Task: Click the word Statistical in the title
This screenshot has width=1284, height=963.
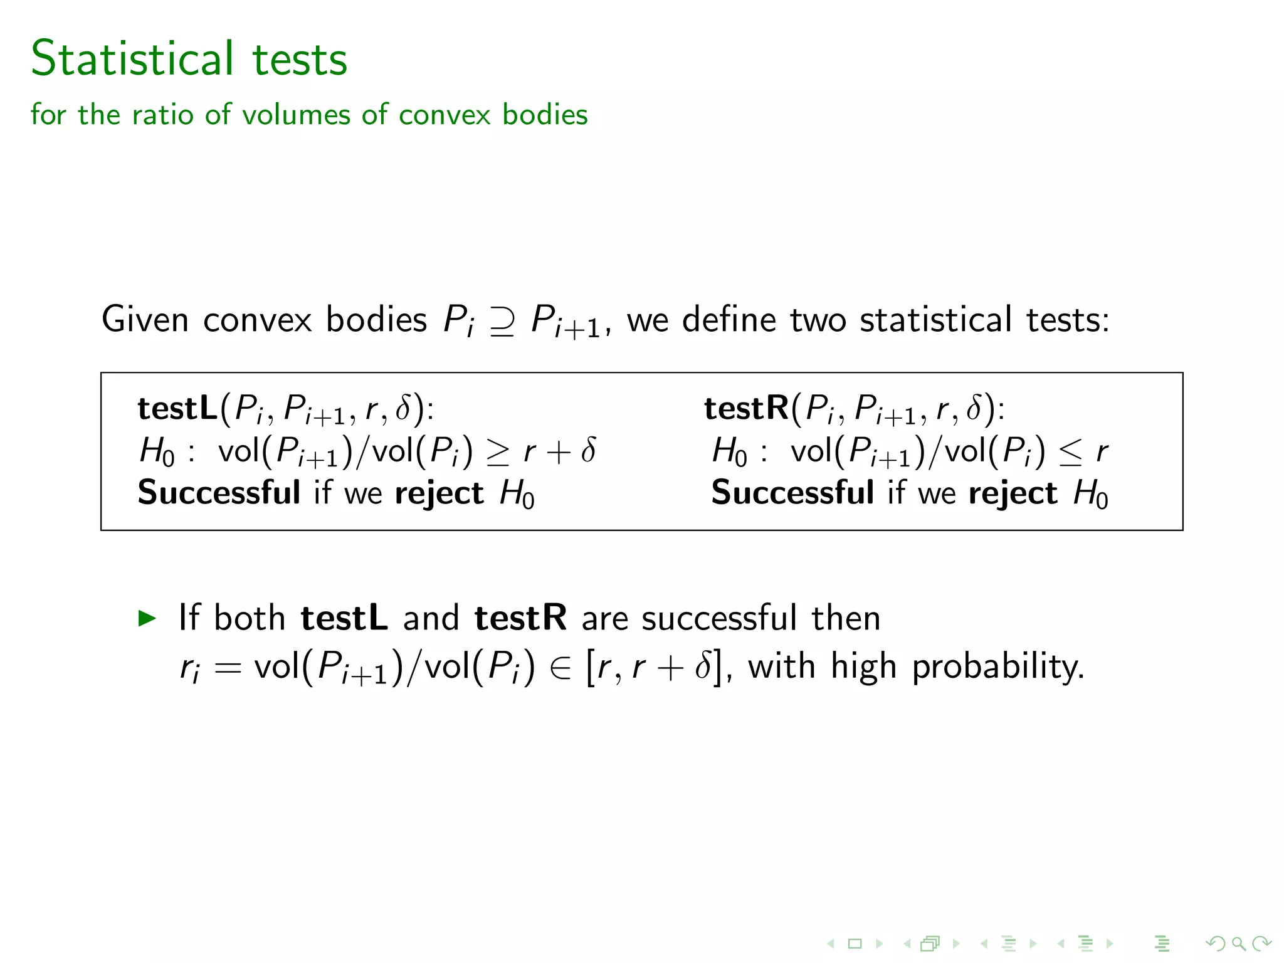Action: (132, 58)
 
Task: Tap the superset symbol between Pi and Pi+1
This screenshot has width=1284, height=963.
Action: (502, 321)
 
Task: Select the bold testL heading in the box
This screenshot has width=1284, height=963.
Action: (177, 408)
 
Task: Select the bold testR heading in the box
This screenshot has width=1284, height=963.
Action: (746, 408)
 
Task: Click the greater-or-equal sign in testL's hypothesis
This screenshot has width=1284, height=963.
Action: (498, 452)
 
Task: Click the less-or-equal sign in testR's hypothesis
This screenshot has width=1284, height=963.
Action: (1070, 452)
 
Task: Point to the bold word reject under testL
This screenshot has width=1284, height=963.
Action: (439, 493)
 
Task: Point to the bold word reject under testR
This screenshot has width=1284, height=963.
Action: (1013, 493)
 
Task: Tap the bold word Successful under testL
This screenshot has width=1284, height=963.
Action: (219, 492)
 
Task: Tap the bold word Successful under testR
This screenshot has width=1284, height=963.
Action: (792, 492)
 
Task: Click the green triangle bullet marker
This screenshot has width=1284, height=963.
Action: (147, 618)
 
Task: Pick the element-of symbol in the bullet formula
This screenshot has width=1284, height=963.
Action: (560, 667)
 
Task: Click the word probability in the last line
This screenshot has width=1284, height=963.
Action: (997, 667)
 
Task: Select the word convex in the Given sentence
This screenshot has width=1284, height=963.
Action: (257, 320)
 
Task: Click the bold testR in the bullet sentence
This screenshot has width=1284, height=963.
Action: (520, 618)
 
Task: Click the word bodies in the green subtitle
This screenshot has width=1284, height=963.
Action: (545, 115)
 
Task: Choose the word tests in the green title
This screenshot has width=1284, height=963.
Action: (300, 58)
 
